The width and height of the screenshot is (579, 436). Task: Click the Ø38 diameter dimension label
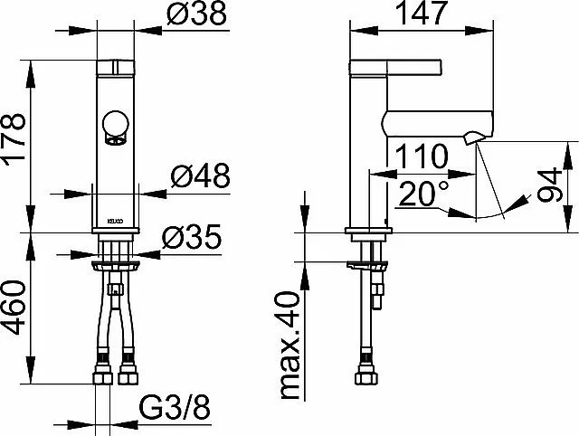(x=196, y=14)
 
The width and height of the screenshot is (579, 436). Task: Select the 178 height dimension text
(x=14, y=137)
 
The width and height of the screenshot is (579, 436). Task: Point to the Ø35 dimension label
(x=192, y=236)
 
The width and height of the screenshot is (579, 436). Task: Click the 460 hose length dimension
(x=14, y=308)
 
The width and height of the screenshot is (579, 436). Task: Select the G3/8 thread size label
(x=175, y=407)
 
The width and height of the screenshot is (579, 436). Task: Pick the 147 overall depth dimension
(x=422, y=13)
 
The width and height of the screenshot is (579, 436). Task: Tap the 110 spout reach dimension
(x=422, y=156)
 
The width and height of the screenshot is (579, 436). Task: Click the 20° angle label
(x=423, y=193)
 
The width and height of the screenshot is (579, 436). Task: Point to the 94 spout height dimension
(x=549, y=185)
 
